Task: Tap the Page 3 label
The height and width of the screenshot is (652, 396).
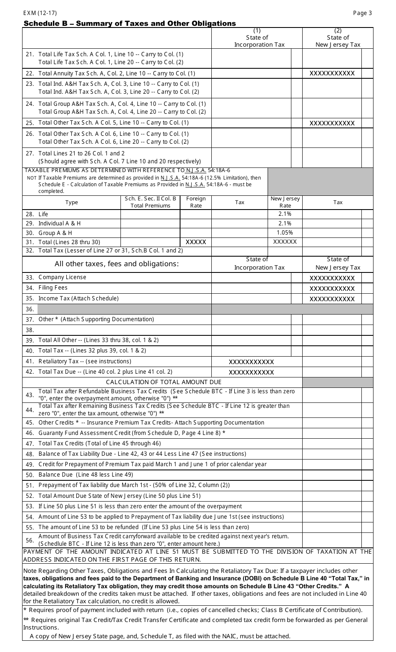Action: click(x=362, y=13)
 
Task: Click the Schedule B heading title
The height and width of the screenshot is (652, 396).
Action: click(x=130, y=23)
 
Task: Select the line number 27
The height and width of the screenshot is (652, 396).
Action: click(x=30, y=153)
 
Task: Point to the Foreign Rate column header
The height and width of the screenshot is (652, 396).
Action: click(x=195, y=202)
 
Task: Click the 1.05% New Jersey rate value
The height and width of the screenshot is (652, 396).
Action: click(x=285, y=232)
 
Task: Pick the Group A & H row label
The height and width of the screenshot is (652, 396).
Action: click(x=55, y=233)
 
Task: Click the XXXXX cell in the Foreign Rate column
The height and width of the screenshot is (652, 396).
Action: click(x=195, y=242)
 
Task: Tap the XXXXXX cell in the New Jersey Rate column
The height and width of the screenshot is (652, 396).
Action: click(x=285, y=242)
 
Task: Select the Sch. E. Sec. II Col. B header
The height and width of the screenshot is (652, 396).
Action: click(x=150, y=202)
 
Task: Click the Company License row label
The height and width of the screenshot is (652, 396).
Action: click(x=62, y=277)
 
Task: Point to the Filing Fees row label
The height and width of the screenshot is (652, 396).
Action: click(x=53, y=287)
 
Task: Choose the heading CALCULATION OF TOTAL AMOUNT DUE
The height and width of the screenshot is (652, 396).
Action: click(x=163, y=382)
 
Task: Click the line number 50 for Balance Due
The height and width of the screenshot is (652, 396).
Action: click(x=30, y=475)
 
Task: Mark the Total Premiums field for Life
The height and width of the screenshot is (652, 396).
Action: click(x=150, y=214)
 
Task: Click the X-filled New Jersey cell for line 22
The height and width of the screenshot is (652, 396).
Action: click(x=332, y=73)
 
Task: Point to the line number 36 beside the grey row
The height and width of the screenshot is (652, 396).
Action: click(x=30, y=309)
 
